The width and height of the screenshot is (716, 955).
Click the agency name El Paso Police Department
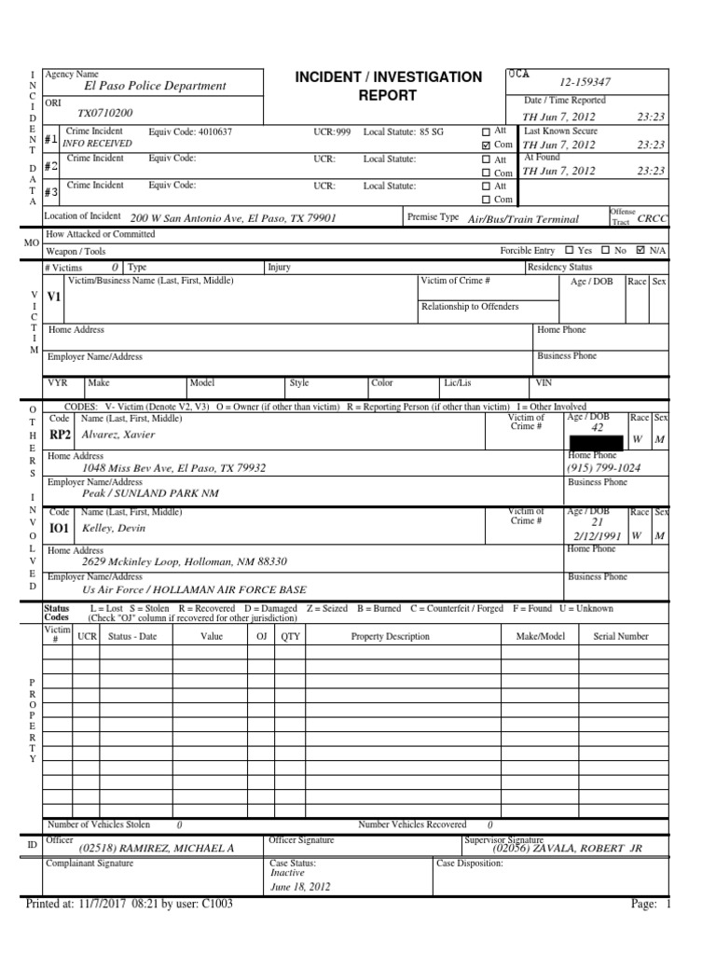click(155, 86)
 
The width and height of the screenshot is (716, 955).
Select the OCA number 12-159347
click(585, 83)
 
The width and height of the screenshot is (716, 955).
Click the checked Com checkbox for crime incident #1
click(485, 145)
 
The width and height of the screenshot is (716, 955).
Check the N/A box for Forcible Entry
click(640, 251)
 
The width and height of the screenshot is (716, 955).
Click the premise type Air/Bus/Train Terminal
click(523, 218)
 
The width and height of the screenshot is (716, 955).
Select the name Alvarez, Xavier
click(118, 435)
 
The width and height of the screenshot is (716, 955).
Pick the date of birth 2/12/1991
click(598, 537)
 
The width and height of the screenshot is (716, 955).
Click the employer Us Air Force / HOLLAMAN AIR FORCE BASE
click(195, 591)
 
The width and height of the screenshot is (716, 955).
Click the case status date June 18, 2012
click(300, 887)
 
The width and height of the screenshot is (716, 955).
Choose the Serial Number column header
click(621, 636)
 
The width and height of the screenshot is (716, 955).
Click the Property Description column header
click(390, 636)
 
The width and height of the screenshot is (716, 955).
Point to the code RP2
click(61, 435)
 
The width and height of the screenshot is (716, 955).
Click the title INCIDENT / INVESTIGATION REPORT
click(389, 86)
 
